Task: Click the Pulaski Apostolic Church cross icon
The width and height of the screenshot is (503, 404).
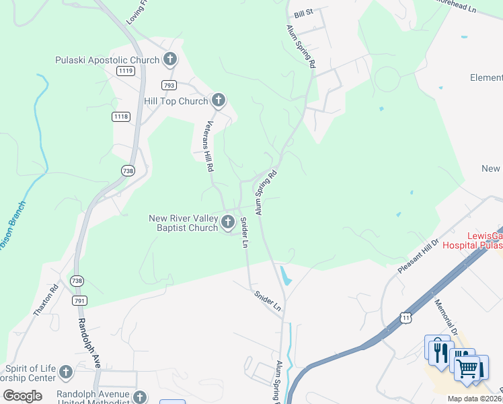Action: click(x=169, y=60)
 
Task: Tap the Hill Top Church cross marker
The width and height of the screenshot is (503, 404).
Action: click(x=218, y=101)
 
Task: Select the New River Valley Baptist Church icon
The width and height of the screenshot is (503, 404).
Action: click(x=228, y=222)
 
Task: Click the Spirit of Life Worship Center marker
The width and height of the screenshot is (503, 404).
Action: click(x=65, y=372)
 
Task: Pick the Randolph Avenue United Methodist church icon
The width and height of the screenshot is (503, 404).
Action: click(x=140, y=397)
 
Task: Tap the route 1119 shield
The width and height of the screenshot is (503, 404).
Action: click(x=124, y=70)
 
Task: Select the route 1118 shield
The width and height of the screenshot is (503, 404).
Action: click(x=121, y=116)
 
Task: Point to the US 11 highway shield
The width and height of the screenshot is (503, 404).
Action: click(x=403, y=316)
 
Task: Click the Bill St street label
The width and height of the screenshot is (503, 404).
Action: click(x=304, y=15)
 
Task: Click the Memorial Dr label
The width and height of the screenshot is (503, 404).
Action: click(x=447, y=318)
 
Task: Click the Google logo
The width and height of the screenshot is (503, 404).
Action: click(x=23, y=396)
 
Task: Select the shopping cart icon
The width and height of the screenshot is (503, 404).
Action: click(x=469, y=368)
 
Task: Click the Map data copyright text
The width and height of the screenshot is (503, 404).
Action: click(x=475, y=399)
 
